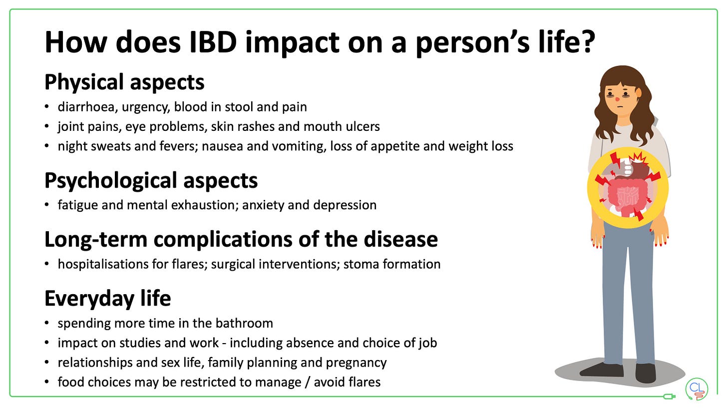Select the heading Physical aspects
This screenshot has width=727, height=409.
124,82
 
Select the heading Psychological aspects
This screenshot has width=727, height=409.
151,180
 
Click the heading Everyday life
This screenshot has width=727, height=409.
108,298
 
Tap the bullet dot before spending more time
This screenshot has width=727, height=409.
47,323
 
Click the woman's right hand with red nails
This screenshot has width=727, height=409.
597,235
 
